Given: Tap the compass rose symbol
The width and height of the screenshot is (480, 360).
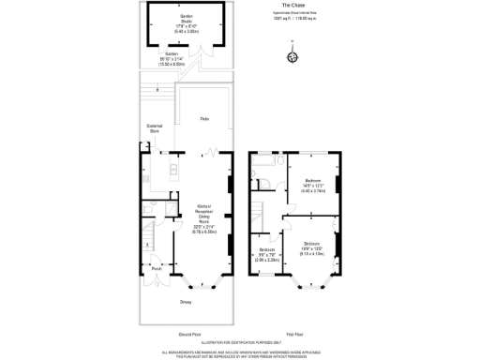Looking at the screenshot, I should coord(292,57).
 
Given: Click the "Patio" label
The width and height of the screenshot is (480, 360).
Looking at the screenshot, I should coord(203,119).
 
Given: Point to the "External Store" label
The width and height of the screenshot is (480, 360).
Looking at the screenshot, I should coord(155,128).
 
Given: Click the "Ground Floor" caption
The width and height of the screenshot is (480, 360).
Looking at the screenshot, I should coord(189,334).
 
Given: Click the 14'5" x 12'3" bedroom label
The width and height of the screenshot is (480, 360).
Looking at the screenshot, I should coord(313,183).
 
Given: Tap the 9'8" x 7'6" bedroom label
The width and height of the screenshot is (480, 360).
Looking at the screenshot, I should coord(266,251).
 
